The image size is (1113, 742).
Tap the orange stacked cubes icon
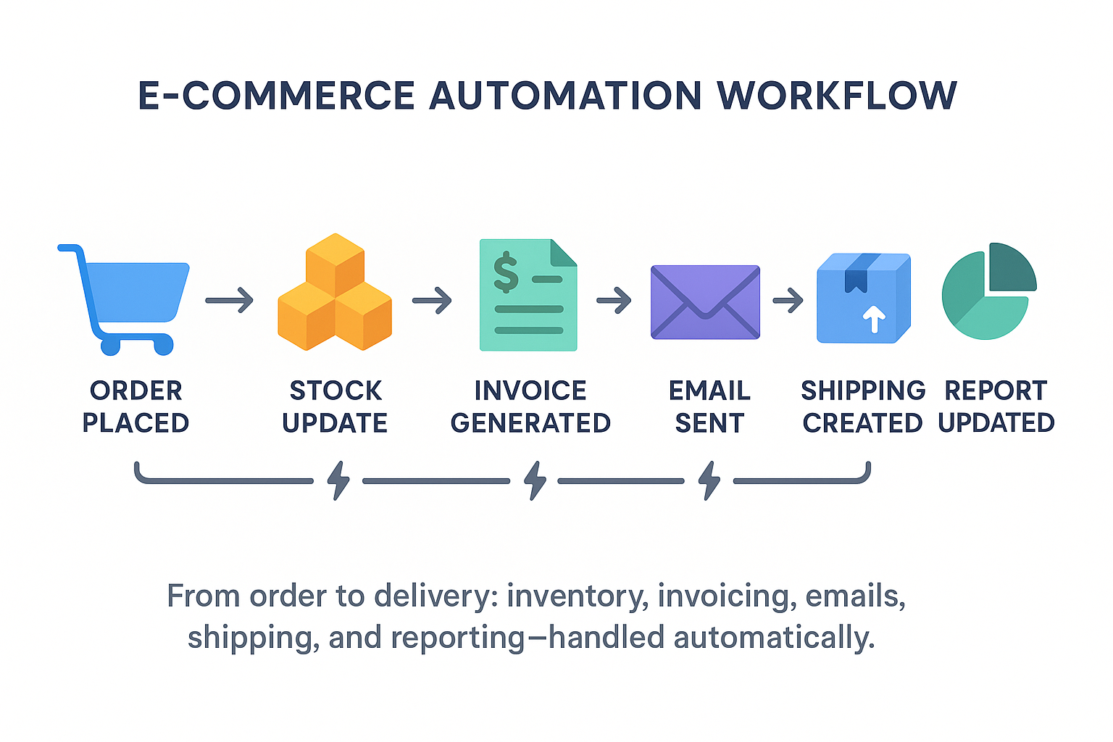pos(335,293)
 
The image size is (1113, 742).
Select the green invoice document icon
pos(528,296)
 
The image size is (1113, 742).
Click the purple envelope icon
pos(705,301)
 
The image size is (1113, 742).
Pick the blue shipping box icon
pos(863,299)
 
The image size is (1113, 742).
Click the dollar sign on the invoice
pos(506,272)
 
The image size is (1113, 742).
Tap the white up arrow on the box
pos(875,319)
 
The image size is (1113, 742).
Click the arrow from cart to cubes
pos(230,299)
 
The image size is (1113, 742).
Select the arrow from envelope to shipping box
pos(788,299)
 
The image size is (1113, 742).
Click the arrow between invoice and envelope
pos(614,299)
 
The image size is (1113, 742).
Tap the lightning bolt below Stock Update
pos(338,480)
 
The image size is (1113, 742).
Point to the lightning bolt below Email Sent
pos(709,480)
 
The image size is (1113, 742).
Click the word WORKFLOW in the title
pos(836,96)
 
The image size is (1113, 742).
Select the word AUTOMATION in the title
pos(565,96)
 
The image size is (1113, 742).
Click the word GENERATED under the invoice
pos(530,423)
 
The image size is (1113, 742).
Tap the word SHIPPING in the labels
pos(863,391)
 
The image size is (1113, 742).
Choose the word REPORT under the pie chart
pos(996,391)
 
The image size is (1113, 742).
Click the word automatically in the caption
pos(774,638)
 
